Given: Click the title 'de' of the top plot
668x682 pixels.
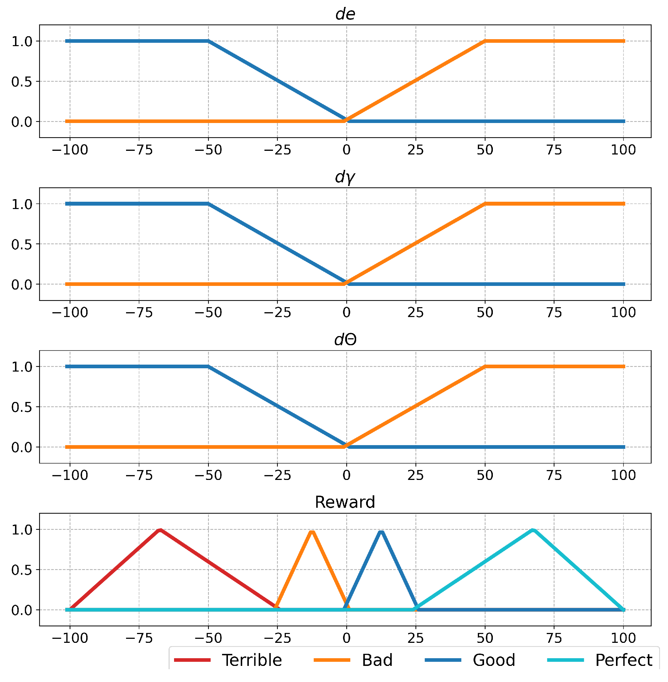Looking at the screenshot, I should [345, 14].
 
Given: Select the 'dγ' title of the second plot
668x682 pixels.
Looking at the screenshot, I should [345, 178].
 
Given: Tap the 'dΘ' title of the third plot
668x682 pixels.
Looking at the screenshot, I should [345, 340].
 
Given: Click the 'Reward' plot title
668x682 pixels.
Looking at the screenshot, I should [345, 502].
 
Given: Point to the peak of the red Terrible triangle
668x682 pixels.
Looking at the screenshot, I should [160, 530].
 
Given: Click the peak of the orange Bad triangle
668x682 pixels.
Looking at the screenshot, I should [312, 531].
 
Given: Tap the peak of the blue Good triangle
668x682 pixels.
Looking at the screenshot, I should [381, 531].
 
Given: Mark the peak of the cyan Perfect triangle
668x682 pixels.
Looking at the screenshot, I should [533, 530].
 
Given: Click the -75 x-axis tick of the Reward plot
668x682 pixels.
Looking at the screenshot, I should [139, 638].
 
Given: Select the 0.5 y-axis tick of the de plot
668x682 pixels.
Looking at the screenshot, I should [22, 82].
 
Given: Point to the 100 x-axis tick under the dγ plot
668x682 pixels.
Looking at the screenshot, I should [623, 313].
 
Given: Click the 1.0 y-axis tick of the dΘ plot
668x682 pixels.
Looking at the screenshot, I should [22, 367].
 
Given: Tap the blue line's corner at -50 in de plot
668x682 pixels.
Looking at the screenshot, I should [208, 41].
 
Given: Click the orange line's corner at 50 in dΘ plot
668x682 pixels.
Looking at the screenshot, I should [485, 366].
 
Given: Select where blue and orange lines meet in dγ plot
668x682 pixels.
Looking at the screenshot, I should [346, 283].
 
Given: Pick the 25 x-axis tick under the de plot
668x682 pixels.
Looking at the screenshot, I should [416, 150].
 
